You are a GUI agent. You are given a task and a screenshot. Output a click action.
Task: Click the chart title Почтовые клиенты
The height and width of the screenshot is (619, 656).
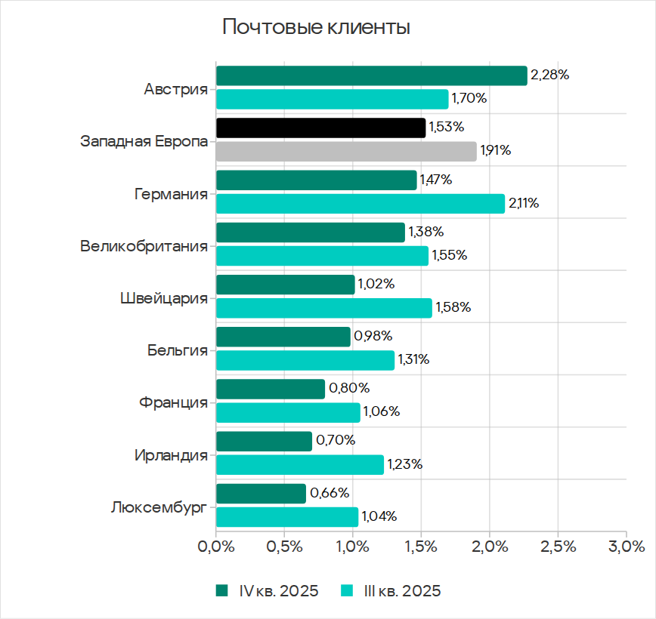(316, 28)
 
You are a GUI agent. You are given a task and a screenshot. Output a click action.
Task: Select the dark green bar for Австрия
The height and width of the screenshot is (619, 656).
(371, 75)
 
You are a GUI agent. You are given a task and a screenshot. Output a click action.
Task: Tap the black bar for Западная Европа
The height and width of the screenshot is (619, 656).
(320, 128)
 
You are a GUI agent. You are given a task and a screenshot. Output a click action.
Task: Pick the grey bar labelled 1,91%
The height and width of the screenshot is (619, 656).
(346, 151)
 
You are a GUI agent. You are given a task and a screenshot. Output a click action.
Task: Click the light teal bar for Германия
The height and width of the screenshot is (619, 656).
(360, 203)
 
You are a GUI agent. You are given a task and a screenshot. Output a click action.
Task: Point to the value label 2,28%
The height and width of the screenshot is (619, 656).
(549, 75)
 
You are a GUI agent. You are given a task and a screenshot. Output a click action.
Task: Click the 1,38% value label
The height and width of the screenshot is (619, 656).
(425, 232)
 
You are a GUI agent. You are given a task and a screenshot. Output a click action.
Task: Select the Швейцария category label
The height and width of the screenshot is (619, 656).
(164, 297)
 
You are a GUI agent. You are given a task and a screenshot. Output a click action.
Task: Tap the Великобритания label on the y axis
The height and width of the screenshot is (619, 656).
(144, 245)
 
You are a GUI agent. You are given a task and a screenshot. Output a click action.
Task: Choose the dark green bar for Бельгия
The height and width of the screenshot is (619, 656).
(283, 337)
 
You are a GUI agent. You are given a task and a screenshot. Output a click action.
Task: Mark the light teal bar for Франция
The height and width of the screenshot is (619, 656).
(288, 412)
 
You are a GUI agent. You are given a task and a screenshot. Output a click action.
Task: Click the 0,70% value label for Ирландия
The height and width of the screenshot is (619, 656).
(336, 440)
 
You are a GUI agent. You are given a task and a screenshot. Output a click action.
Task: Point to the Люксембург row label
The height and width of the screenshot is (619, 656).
(158, 506)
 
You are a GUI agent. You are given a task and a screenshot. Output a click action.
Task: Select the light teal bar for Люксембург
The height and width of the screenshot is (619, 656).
(287, 517)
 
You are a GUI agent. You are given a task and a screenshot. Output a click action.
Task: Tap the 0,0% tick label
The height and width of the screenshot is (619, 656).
(215, 546)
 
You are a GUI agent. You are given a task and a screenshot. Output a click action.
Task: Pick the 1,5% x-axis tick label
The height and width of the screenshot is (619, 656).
(421, 546)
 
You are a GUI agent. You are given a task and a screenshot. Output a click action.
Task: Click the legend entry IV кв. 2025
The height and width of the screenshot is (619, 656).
(267, 590)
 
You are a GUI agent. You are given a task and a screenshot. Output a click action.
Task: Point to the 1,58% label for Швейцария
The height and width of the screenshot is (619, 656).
(453, 307)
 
